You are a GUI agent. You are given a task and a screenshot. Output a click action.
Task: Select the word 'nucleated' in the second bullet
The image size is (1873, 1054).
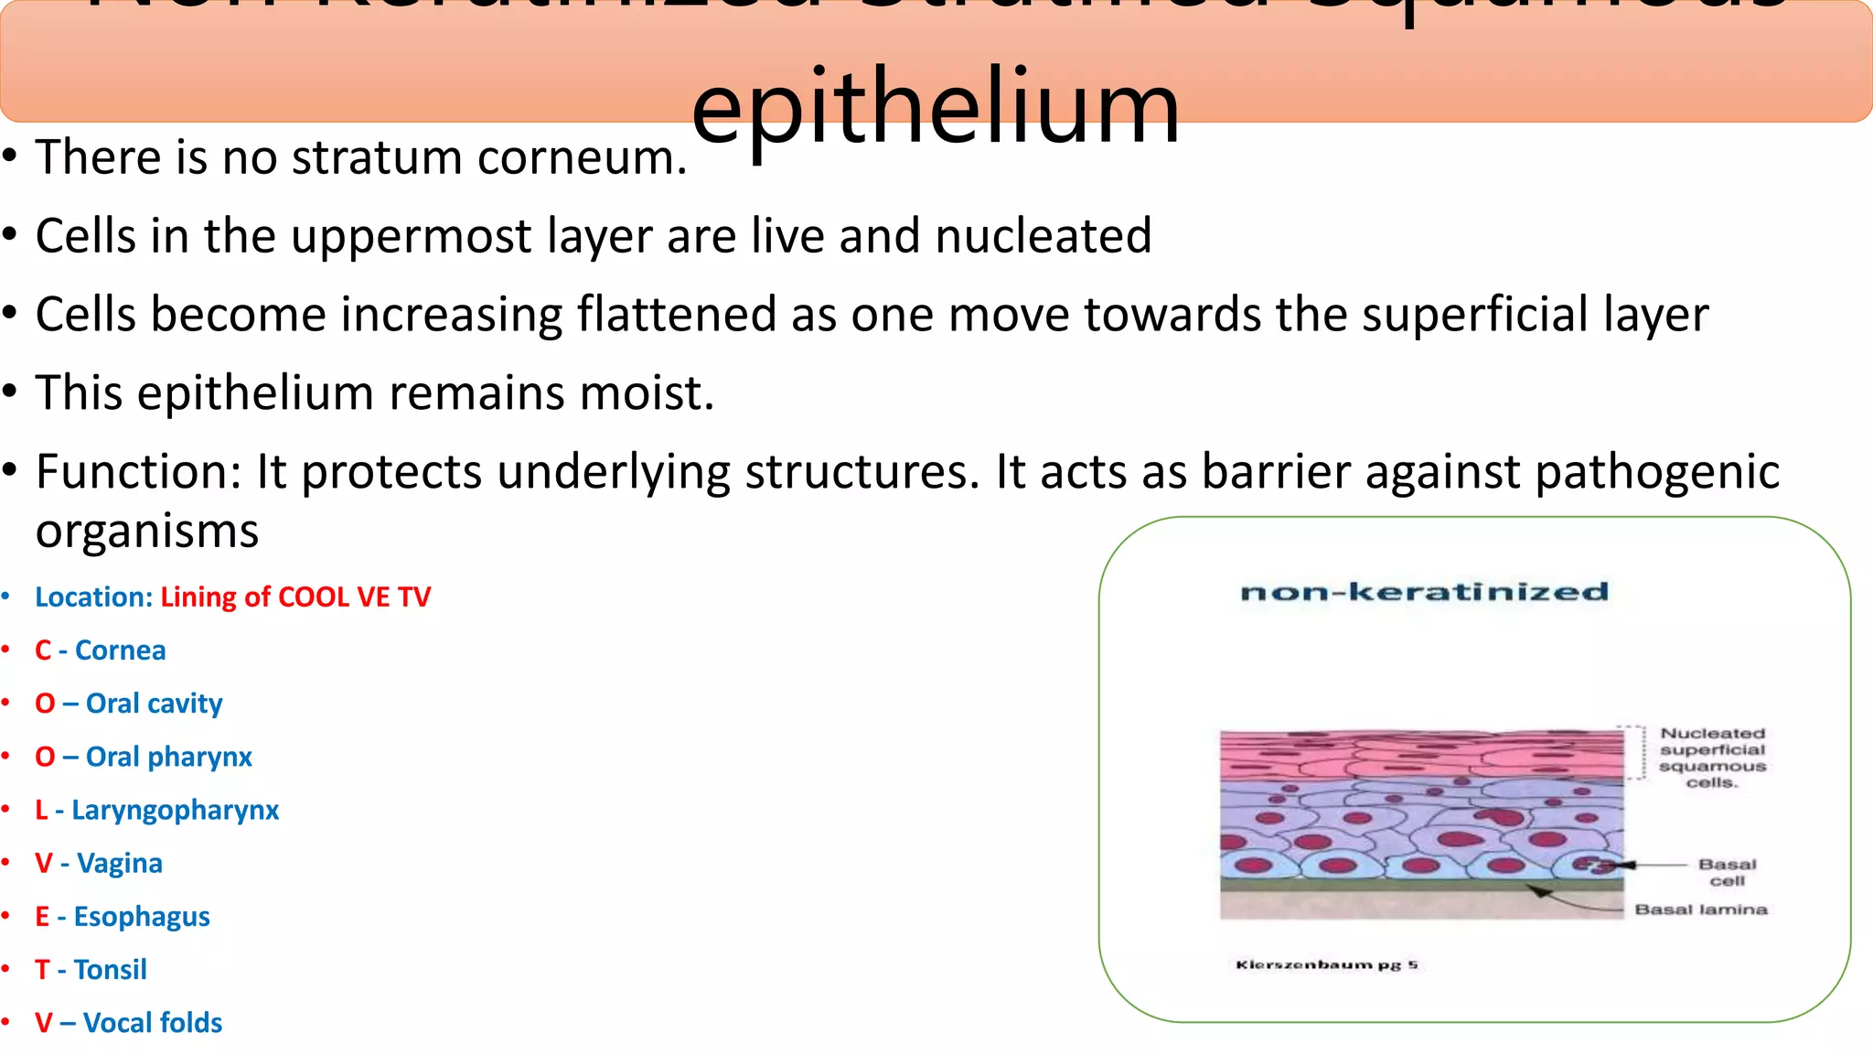click(x=1043, y=236)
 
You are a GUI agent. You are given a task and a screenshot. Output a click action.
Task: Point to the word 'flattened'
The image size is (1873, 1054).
click(x=677, y=315)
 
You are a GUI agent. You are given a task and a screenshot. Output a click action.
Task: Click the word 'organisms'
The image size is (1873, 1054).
click(x=147, y=531)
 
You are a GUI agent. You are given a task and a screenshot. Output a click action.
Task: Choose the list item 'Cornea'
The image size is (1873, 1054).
click(x=120, y=651)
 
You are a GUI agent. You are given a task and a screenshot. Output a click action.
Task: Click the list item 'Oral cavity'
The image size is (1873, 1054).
click(x=154, y=704)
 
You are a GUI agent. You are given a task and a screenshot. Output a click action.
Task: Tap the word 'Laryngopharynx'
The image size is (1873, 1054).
click(x=175, y=811)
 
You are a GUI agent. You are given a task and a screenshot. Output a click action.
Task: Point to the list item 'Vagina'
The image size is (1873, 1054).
click(x=119, y=864)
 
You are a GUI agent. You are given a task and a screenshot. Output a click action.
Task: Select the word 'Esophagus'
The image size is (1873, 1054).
click(x=142, y=917)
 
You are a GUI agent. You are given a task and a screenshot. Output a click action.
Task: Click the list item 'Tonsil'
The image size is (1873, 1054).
click(x=110, y=970)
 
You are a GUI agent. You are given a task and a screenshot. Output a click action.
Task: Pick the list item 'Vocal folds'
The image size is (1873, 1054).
click(x=153, y=1023)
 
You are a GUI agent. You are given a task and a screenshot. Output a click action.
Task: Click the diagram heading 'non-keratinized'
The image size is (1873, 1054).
click(x=1424, y=593)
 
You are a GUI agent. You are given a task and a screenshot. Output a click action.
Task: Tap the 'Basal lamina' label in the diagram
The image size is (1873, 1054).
click(x=1701, y=909)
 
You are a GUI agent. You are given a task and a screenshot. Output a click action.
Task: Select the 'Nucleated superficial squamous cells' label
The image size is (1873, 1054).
click(x=1712, y=758)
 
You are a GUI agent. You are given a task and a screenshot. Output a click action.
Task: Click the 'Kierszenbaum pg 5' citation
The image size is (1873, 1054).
click(x=1326, y=964)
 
